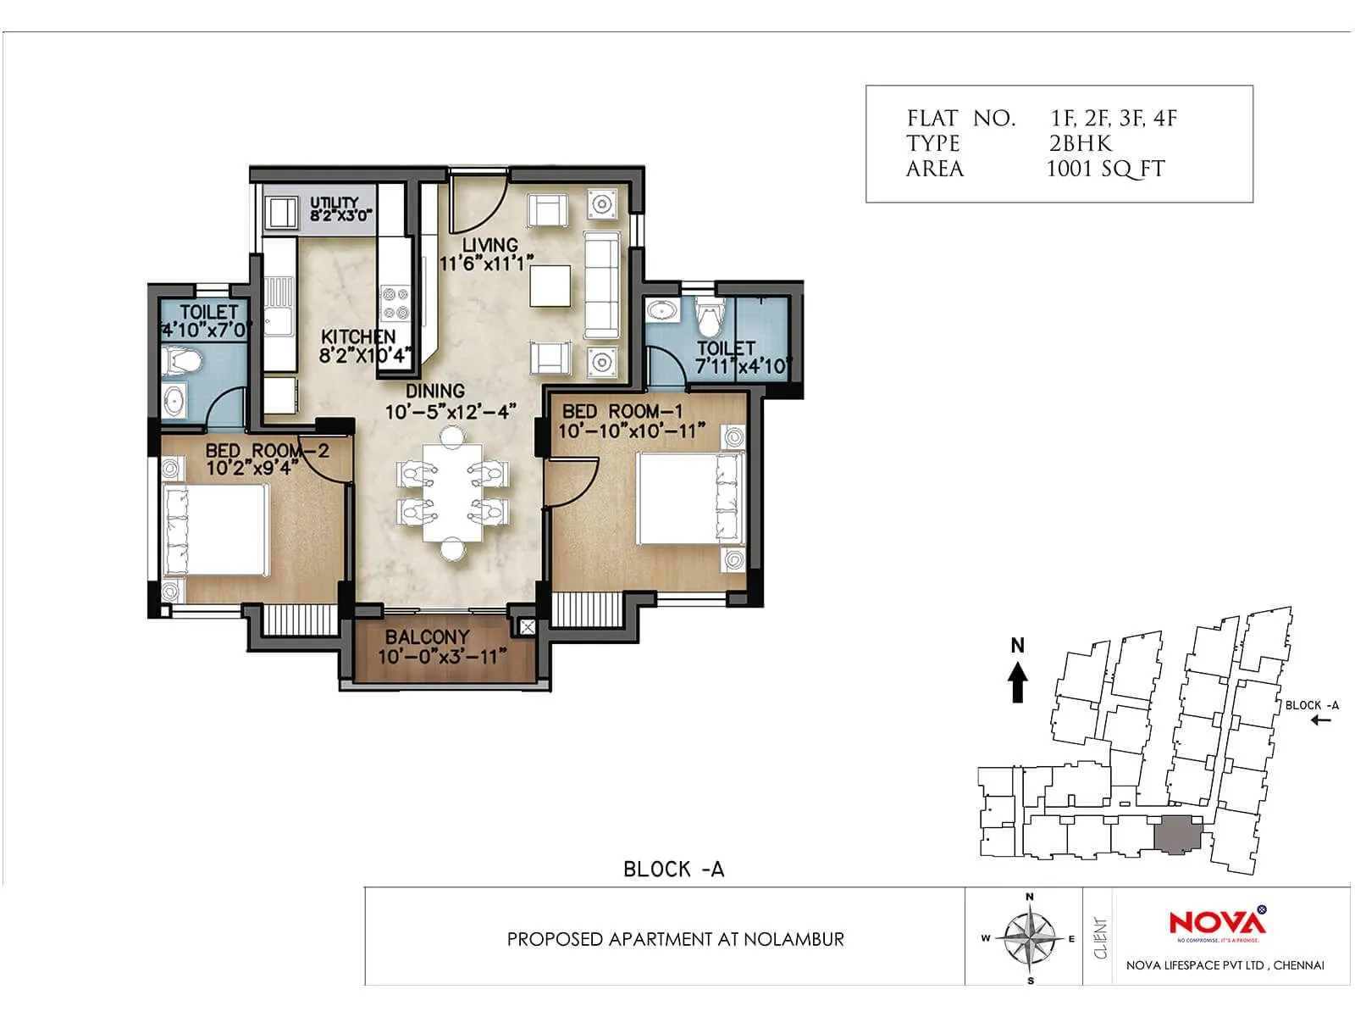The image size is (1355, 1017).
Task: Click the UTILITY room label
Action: tap(334, 203)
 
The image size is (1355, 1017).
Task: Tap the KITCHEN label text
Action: tap(357, 336)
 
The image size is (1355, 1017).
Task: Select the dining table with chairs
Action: tap(453, 493)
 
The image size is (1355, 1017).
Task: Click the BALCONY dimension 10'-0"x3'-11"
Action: tap(441, 657)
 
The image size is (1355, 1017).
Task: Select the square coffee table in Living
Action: tap(550, 286)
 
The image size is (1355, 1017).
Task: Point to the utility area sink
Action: tap(279, 212)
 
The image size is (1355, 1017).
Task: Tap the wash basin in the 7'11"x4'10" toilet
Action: tap(661, 310)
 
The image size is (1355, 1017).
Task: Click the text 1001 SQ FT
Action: tap(1105, 169)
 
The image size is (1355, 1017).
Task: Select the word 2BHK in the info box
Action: tap(1080, 143)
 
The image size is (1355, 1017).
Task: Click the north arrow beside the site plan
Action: tap(1018, 681)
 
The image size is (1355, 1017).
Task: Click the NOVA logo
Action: tap(1217, 922)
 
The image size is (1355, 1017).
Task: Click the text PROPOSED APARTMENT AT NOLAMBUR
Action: tap(675, 939)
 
